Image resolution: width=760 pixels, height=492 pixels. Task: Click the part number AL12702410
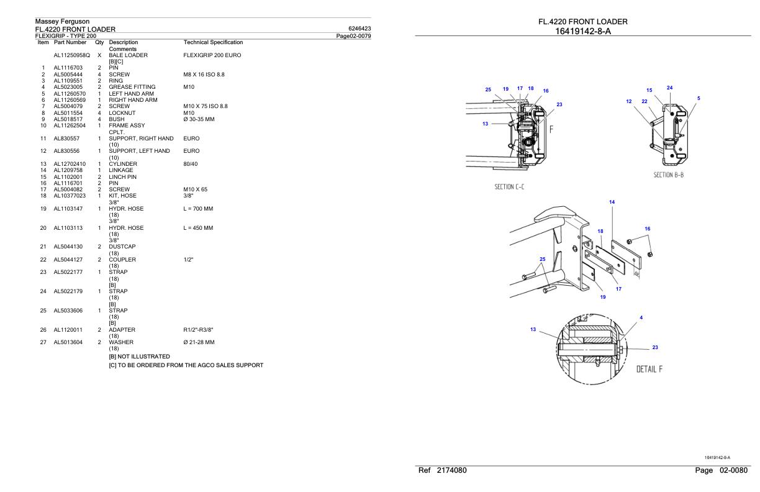click(69, 164)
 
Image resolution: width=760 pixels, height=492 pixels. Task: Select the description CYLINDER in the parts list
click(122, 164)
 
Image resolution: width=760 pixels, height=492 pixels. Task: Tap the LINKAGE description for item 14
click(121, 170)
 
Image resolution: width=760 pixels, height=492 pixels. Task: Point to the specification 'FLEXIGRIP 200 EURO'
click(212, 55)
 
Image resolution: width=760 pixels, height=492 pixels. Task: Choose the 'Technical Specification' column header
click(213, 42)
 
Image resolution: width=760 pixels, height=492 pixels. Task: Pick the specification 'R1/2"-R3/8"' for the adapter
click(199, 330)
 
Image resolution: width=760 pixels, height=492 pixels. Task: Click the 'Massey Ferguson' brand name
click(62, 22)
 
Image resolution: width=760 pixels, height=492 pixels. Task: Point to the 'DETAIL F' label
click(649, 369)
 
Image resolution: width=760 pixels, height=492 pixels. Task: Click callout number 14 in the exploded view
click(612, 202)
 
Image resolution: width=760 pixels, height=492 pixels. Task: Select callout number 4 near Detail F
click(641, 317)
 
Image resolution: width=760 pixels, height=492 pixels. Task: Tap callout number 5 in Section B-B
click(699, 98)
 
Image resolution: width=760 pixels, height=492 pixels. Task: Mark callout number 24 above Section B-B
click(669, 88)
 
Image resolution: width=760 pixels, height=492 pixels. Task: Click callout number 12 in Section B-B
click(628, 101)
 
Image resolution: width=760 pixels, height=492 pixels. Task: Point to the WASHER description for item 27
click(120, 342)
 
